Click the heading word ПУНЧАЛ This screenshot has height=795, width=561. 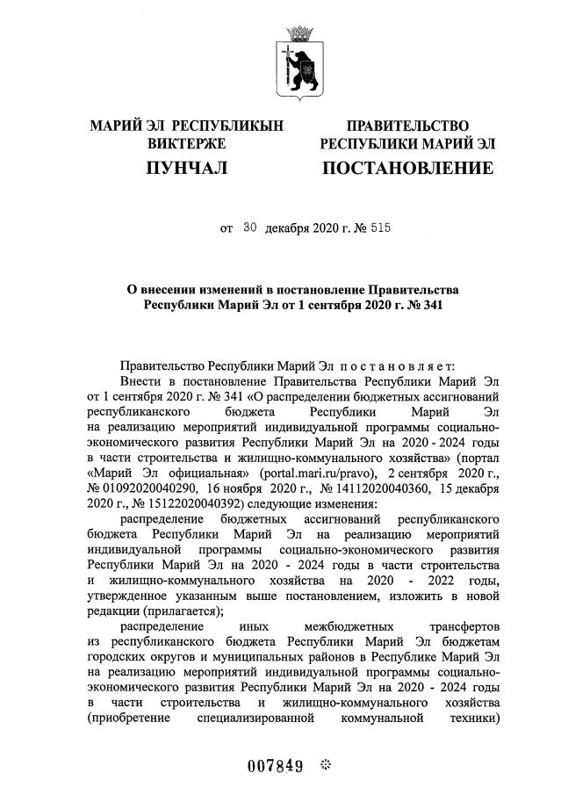tap(186, 167)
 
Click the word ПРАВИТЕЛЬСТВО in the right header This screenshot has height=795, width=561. tap(407, 126)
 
